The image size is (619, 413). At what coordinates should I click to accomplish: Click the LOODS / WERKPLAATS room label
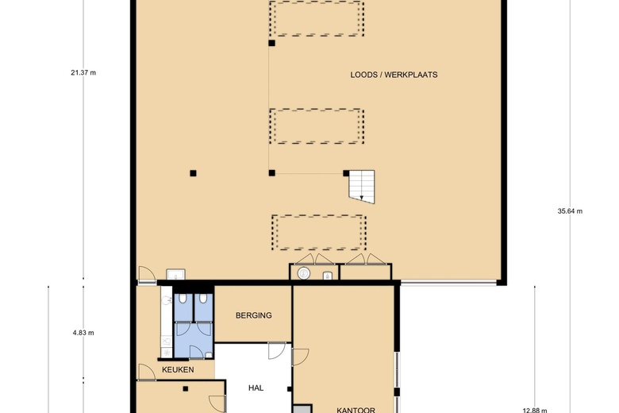(x=394, y=75)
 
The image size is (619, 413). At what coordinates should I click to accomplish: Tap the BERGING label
(x=253, y=315)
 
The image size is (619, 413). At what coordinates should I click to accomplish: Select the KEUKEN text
(x=178, y=370)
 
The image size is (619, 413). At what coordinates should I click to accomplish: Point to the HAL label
(x=256, y=388)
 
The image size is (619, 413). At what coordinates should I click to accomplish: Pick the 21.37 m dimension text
(x=83, y=72)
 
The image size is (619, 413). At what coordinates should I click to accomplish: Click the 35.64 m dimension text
(x=569, y=211)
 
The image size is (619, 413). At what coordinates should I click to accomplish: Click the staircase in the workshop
(x=360, y=187)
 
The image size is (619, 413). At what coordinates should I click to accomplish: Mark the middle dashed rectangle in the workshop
(x=317, y=125)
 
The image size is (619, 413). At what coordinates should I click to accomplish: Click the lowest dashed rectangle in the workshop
(x=319, y=232)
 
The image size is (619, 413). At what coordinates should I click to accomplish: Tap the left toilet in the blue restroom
(x=184, y=299)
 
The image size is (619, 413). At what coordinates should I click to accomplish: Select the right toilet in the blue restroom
(x=204, y=299)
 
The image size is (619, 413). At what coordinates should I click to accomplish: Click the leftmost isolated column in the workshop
(x=193, y=172)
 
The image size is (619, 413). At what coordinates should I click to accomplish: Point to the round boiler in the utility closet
(x=303, y=274)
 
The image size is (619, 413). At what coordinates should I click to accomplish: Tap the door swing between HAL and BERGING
(x=275, y=349)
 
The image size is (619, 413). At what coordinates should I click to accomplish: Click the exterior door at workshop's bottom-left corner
(x=145, y=276)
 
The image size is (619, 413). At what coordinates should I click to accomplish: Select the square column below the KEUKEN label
(x=185, y=388)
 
